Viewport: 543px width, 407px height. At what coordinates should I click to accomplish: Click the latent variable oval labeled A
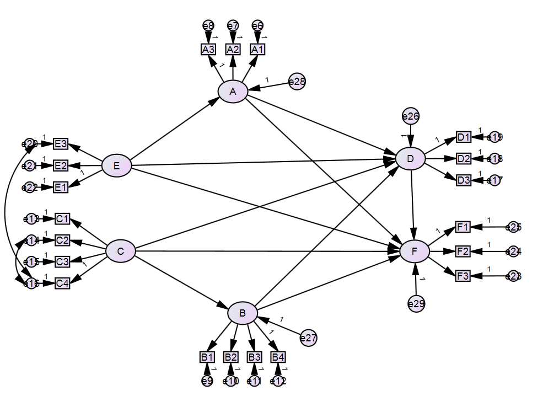(x=233, y=92)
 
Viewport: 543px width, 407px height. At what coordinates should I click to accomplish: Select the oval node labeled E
(x=117, y=165)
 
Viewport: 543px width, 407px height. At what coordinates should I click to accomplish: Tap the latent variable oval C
(x=120, y=251)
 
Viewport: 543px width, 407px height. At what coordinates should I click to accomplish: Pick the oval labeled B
(x=243, y=314)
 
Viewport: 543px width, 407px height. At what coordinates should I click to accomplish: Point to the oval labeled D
(x=410, y=159)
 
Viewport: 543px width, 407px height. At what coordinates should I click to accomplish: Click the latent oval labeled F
(x=415, y=251)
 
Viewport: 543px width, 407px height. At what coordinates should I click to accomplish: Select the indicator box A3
(x=208, y=49)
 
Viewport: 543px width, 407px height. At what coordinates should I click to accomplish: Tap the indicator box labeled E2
(x=61, y=165)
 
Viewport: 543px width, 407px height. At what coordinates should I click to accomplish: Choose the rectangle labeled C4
(x=62, y=283)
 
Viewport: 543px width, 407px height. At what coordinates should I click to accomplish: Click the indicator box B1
(x=207, y=357)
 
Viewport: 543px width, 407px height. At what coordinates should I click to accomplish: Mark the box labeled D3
(x=464, y=180)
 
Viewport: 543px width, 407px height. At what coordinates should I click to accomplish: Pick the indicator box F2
(x=463, y=251)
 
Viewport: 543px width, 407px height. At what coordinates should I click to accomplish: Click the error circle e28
(x=297, y=82)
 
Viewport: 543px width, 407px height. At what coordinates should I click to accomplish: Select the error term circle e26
(x=411, y=116)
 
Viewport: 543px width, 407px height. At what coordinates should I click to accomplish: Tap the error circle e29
(x=416, y=303)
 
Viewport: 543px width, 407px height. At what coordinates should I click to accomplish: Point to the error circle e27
(x=308, y=338)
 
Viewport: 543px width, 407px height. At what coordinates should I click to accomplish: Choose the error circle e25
(x=513, y=227)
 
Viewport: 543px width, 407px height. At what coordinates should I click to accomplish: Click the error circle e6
(x=257, y=25)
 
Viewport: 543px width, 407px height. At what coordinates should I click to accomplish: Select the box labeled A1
(x=257, y=49)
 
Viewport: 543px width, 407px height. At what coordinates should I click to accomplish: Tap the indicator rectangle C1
(x=62, y=219)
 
